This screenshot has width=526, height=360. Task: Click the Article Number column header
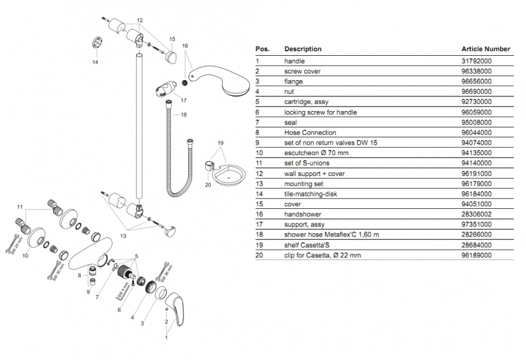click(486, 49)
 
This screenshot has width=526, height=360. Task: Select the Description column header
click(302, 49)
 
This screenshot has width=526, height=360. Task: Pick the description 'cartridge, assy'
click(305, 102)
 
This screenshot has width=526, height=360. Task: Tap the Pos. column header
click(262, 49)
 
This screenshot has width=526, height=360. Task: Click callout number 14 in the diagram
click(95, 62)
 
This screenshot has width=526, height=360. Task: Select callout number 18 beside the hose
click(183, 115)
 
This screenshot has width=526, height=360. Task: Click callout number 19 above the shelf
click(220, 143)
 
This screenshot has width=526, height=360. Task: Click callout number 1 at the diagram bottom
click(166, 338)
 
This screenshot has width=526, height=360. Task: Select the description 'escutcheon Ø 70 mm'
click(312, 153)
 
